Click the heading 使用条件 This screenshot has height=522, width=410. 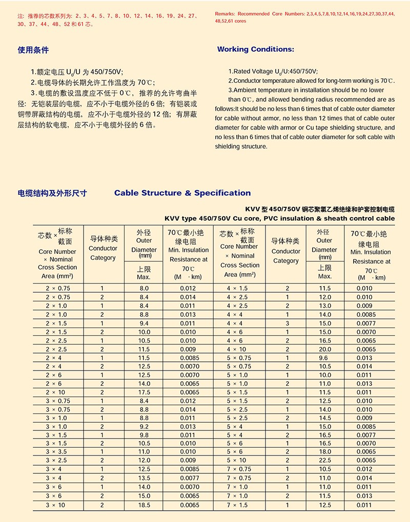point(33,50)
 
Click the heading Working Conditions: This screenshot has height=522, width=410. point(256,49)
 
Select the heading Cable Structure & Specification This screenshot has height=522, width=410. point(182,193)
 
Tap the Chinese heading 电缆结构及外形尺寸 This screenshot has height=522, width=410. point(52,193)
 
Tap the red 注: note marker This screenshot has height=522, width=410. point(20,16)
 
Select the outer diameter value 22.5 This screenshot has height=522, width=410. point(325,460)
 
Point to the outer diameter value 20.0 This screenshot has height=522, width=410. point(325,349)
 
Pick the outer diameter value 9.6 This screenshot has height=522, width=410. point(325,358)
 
